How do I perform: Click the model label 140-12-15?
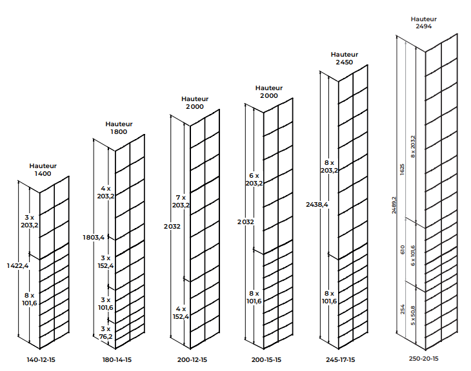(41, 359)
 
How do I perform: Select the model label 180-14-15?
(117, 359)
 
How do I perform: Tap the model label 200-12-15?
(192, 359)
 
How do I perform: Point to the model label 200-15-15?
(266, 359)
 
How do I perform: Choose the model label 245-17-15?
(340, 359)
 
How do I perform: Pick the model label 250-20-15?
(423, 358)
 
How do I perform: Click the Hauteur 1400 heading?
(43, 170)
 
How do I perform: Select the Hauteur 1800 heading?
(119, 128)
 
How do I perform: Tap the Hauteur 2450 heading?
(345, 58)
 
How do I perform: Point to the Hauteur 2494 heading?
(423, 23)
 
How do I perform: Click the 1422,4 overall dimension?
(17, 265)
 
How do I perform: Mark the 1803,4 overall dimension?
(94, 238)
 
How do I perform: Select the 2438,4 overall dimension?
(317, 205)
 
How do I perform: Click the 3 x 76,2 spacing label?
(106, 332)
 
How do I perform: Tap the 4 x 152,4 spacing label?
(181, 312)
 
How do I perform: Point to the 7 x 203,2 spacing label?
(181, 201)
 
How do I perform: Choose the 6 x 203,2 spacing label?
(254, 179)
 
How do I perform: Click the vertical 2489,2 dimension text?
(394, 205)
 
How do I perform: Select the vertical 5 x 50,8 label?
(413, 316)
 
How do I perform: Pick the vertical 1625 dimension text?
(402, 169)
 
